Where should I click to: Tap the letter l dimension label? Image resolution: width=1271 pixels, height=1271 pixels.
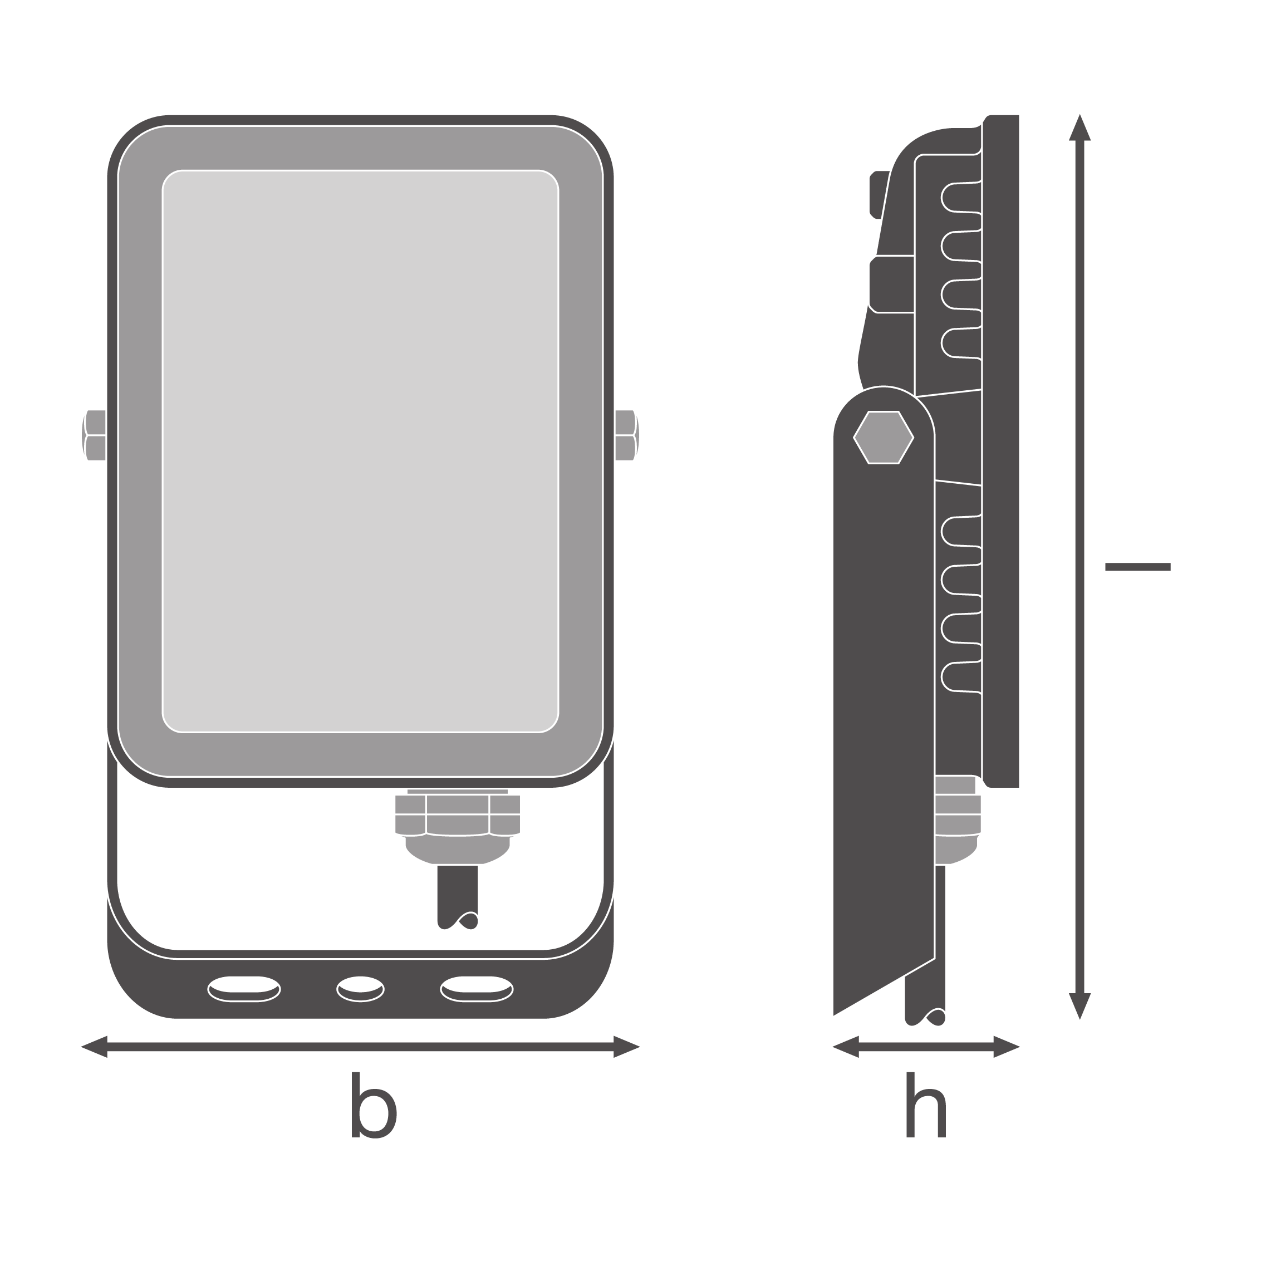pyautogui.click(x=1137, y=566)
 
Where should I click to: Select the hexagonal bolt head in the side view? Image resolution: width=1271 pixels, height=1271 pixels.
pyautogui.click(x=884, y=438)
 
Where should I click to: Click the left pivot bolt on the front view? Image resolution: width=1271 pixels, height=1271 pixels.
pyautogui.click(x=94, y=435)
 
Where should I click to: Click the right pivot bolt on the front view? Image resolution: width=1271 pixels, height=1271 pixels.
pyautogui.click(x=627, y=435)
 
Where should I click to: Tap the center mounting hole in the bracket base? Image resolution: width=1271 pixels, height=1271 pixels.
pyautogui.click(x=361, y=989)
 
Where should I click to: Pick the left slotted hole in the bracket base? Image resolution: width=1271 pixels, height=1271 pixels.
pyautogui.click(x=244, y=989)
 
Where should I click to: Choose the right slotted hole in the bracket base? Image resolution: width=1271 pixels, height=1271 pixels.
pyautogui.click(x=477, y=989)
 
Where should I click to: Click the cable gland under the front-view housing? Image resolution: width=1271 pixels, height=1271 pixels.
pyautogui.click(x=457, y=826)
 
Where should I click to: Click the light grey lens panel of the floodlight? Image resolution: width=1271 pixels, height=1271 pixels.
pyautogui.click(x=361, y=452)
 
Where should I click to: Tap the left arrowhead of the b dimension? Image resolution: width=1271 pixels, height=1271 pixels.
pyautogui.click(x=94, y=1047)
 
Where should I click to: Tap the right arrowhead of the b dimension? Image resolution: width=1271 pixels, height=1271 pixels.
pyautogui.click(x=627, y=1047)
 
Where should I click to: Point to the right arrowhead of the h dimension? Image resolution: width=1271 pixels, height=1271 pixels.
pyautogui.click(x=1007, y=1047)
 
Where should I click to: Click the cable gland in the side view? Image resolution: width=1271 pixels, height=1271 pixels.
pyautogui.click(x=957, y=819)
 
